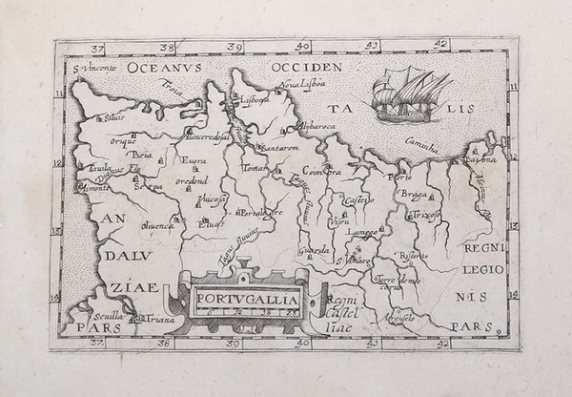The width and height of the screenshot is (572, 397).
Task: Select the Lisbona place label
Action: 258,97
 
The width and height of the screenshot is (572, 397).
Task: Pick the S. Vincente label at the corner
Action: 93,70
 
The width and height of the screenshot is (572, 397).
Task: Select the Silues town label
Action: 115,118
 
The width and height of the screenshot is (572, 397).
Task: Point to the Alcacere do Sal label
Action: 204,137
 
